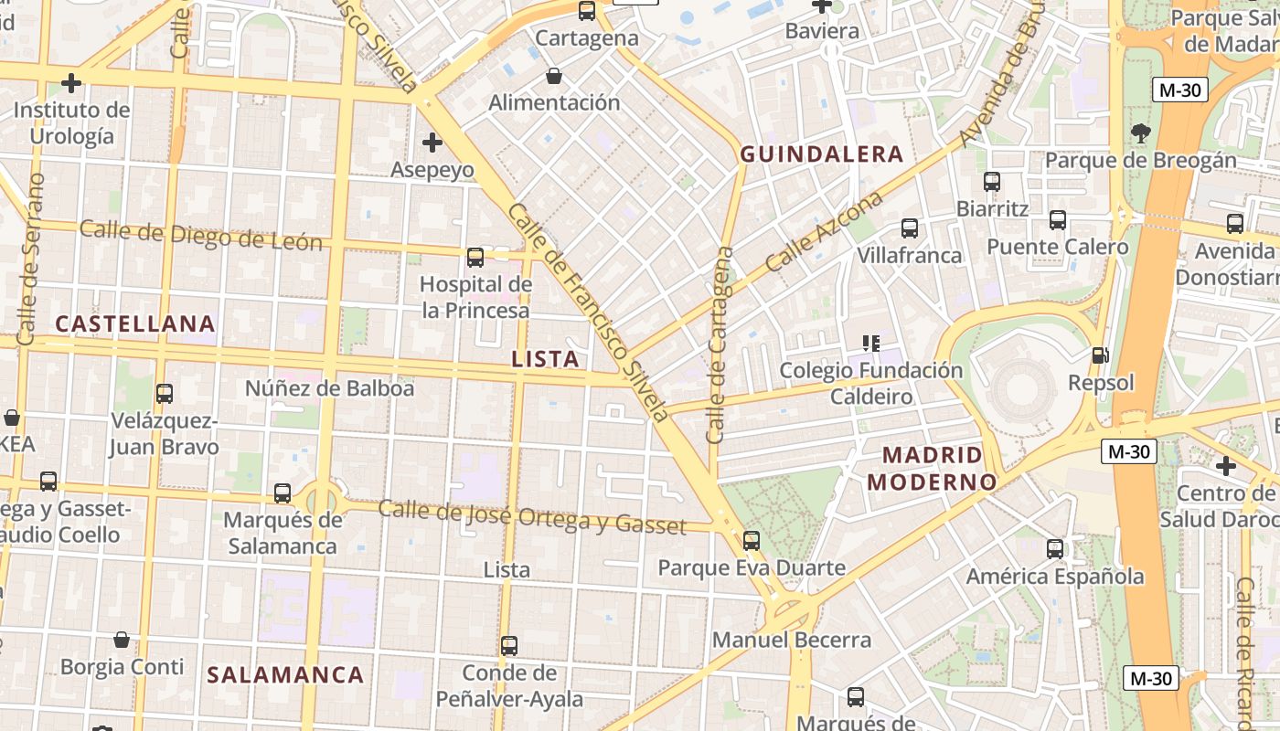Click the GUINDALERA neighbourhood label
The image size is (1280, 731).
coord(821,154)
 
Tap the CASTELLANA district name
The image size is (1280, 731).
coord(135,323)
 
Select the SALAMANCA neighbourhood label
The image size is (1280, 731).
coord(285,675)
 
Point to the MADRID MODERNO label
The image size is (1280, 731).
coord(932,468)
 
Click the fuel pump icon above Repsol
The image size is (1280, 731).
coord(1101,355)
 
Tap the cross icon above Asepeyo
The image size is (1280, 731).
coord(432,143)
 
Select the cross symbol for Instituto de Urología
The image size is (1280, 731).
coord(71,83)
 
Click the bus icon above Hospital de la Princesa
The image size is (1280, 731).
coord(475,258)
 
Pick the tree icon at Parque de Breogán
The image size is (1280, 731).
coord(1140,133)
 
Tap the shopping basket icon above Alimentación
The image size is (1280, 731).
coord(554,75)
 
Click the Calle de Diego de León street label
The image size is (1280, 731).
coord(201,235)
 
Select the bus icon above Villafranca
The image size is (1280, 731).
coord(910,228)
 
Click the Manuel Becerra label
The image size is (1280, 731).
coord(792,640)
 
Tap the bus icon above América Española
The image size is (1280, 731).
coord(1055,549)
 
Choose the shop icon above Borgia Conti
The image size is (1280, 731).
coord(122,640)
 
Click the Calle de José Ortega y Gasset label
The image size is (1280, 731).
coord(532,517)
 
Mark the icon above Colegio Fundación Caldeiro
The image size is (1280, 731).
coord(871,344)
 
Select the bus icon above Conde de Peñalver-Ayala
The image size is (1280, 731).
coord(509,646)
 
